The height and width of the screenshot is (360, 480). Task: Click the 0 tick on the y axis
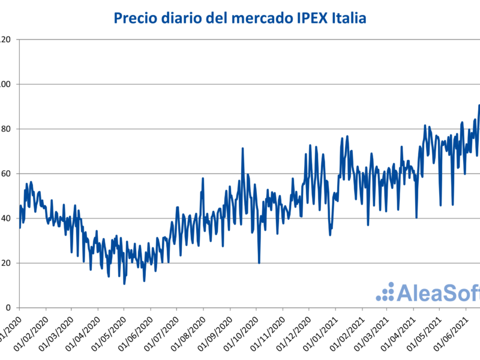point(8,308)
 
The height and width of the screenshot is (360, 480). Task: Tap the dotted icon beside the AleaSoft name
point(385,292)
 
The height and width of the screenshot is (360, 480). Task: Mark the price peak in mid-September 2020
point(243,148)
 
